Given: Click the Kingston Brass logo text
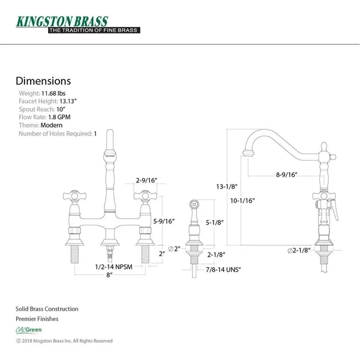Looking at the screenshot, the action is pyautogui.click(x=62, y=22).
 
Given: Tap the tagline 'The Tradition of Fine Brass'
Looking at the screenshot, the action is pyautogui.click(x=94, y=30).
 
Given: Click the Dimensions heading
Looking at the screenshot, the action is pyautogui.click(x=43, y=81).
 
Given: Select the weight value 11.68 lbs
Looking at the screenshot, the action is pyautogui.click(x=53, y=94).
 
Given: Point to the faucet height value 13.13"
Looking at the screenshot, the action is pyautogui.click(x=68, y=101).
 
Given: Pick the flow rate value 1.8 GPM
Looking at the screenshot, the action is pyautogui.click(x=59, y=117).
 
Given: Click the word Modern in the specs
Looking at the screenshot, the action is pyautogui.click(x=52, y=125).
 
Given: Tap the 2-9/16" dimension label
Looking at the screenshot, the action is pyautogui.click(x=146, y=180).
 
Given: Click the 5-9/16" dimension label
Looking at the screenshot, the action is pyautogui.click(x=164, y=221).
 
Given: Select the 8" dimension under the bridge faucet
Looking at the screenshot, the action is pyautogui.click(x=109, y=275).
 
